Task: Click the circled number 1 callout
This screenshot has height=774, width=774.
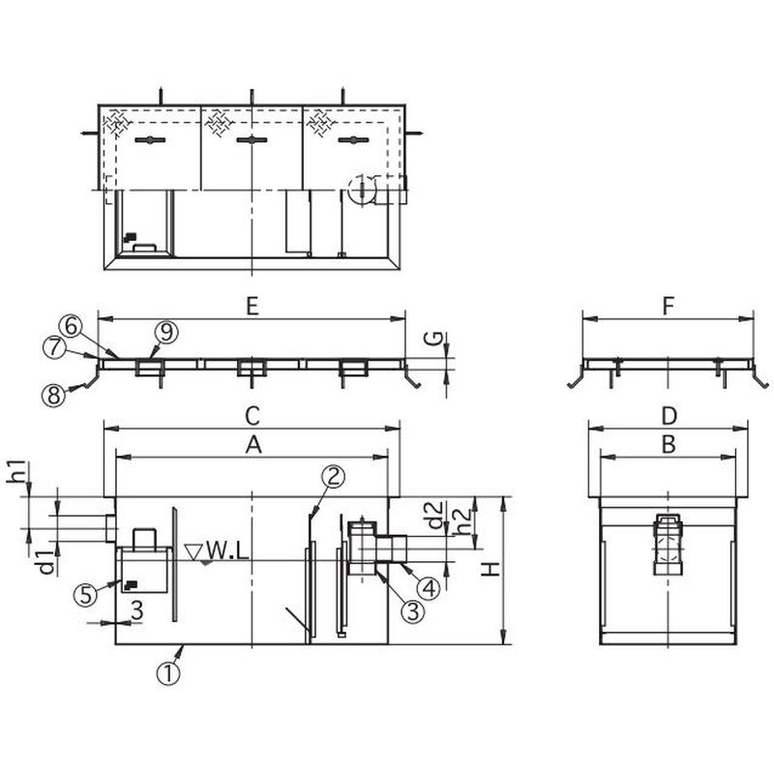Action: click(168, 673)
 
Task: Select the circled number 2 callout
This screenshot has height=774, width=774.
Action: click(333, 477)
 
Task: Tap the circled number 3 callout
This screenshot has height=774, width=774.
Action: click(413, 611)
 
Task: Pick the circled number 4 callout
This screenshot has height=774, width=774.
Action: click(428, 588)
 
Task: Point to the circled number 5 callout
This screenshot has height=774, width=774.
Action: click(85, 595)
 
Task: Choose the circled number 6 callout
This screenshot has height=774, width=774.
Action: click(71, 327)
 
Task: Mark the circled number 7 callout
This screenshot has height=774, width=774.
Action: click(54, 347)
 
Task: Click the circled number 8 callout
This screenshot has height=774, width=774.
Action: click(54, 395)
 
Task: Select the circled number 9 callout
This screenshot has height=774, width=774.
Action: click(165, 332)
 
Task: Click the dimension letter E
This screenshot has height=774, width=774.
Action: click(253, 308)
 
